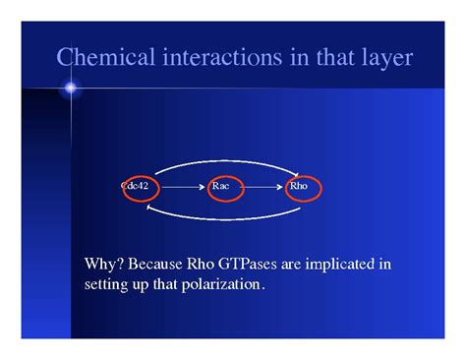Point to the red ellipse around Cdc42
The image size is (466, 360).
pyautogui.click(x=140, y=185)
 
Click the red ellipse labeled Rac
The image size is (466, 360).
pyautogui.click(x=221, y=185)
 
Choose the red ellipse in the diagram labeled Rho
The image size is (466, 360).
pyautogui.click(x=303, y=185)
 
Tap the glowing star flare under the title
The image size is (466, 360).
pyautogui.click(x=71, y=90)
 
